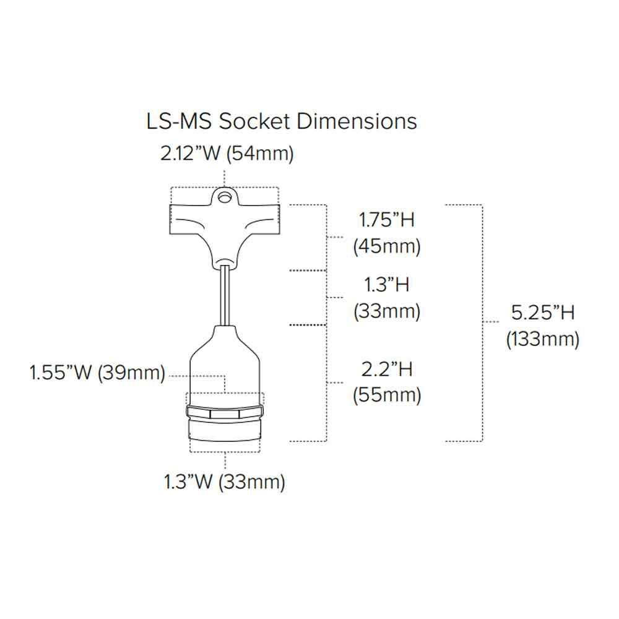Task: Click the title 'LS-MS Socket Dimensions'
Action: tap(282, 121)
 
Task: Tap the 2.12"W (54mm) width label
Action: tap(227, 153)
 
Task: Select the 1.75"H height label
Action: tap(386, 220)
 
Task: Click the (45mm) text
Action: tap(387, 246)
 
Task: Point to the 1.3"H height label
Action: tap(386, 285)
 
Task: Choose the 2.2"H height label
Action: tap(387, 369)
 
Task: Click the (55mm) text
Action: tap(387, 395)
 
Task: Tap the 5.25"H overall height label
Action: tap(543, 313)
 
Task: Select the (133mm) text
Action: tap(543, 339)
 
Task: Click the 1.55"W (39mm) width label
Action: tap(97, 372)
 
